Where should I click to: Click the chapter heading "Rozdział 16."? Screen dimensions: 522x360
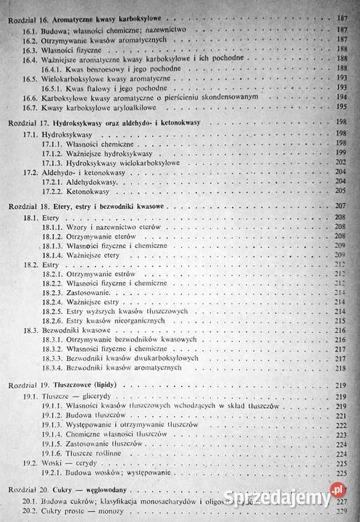31,16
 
